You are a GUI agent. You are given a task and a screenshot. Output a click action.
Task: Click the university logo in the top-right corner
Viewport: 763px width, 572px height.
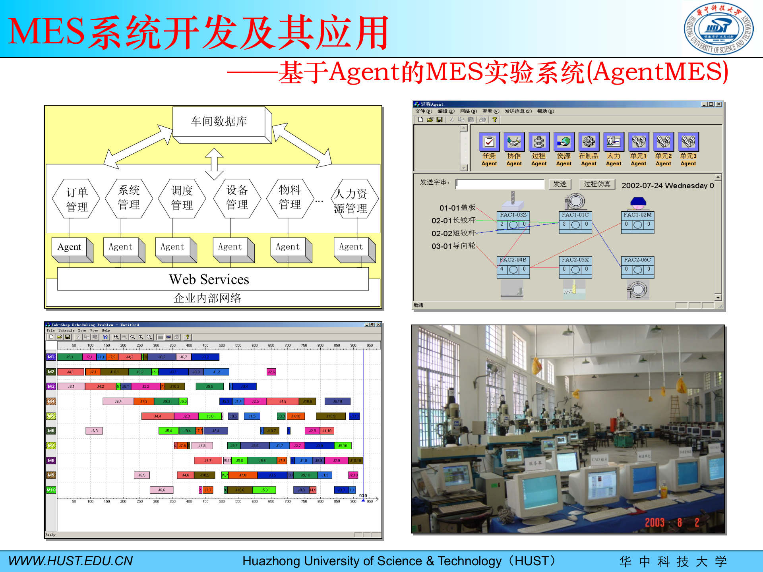pos(718,29)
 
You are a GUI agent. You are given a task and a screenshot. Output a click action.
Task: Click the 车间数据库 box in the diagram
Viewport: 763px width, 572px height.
pos(219,122)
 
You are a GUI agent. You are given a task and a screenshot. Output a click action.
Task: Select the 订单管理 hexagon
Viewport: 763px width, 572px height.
pos(76,199)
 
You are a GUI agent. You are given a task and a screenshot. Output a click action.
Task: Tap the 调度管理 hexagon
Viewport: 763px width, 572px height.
pos(182,198)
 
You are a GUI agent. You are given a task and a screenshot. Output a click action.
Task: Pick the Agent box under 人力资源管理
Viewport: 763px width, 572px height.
pos(351,247)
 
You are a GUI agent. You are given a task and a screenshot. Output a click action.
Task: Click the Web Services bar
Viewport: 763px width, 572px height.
pos(209,279)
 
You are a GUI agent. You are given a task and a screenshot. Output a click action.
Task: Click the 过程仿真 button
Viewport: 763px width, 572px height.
pos(597,184)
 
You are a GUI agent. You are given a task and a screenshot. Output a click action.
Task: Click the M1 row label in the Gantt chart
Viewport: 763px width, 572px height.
pos(51,357)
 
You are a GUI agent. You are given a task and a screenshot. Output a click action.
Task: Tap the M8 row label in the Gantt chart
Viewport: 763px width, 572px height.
pos(51,460)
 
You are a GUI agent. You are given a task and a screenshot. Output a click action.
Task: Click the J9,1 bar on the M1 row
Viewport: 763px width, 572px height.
pos(70,357)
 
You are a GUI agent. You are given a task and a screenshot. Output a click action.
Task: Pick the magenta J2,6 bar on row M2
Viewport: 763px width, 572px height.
pos(271,372)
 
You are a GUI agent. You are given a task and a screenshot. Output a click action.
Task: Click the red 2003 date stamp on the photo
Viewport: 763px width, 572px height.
pos(655,522)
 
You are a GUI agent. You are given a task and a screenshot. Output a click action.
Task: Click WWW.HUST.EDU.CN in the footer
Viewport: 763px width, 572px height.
pos(70,561)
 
